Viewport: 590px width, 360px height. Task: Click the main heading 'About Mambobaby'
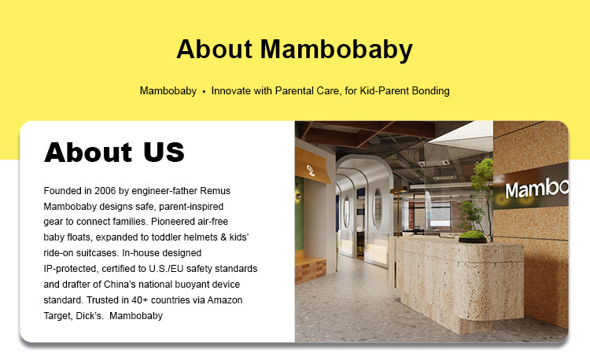point(295,50)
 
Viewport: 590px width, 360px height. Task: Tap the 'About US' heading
point(114,152)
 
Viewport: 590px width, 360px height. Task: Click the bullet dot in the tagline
point(204,91)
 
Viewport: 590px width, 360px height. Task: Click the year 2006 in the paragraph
point(105,190)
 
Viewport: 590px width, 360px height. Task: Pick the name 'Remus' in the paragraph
point(215,190)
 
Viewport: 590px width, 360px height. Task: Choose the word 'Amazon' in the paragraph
point(225,300)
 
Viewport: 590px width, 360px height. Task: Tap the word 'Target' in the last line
point(57,316)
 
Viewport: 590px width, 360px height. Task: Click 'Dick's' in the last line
point(90,316)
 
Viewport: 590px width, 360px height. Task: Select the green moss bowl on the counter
point(473,237)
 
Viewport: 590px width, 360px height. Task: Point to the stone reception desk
point(459,282)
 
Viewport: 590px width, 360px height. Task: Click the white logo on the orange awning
point(311,171)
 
